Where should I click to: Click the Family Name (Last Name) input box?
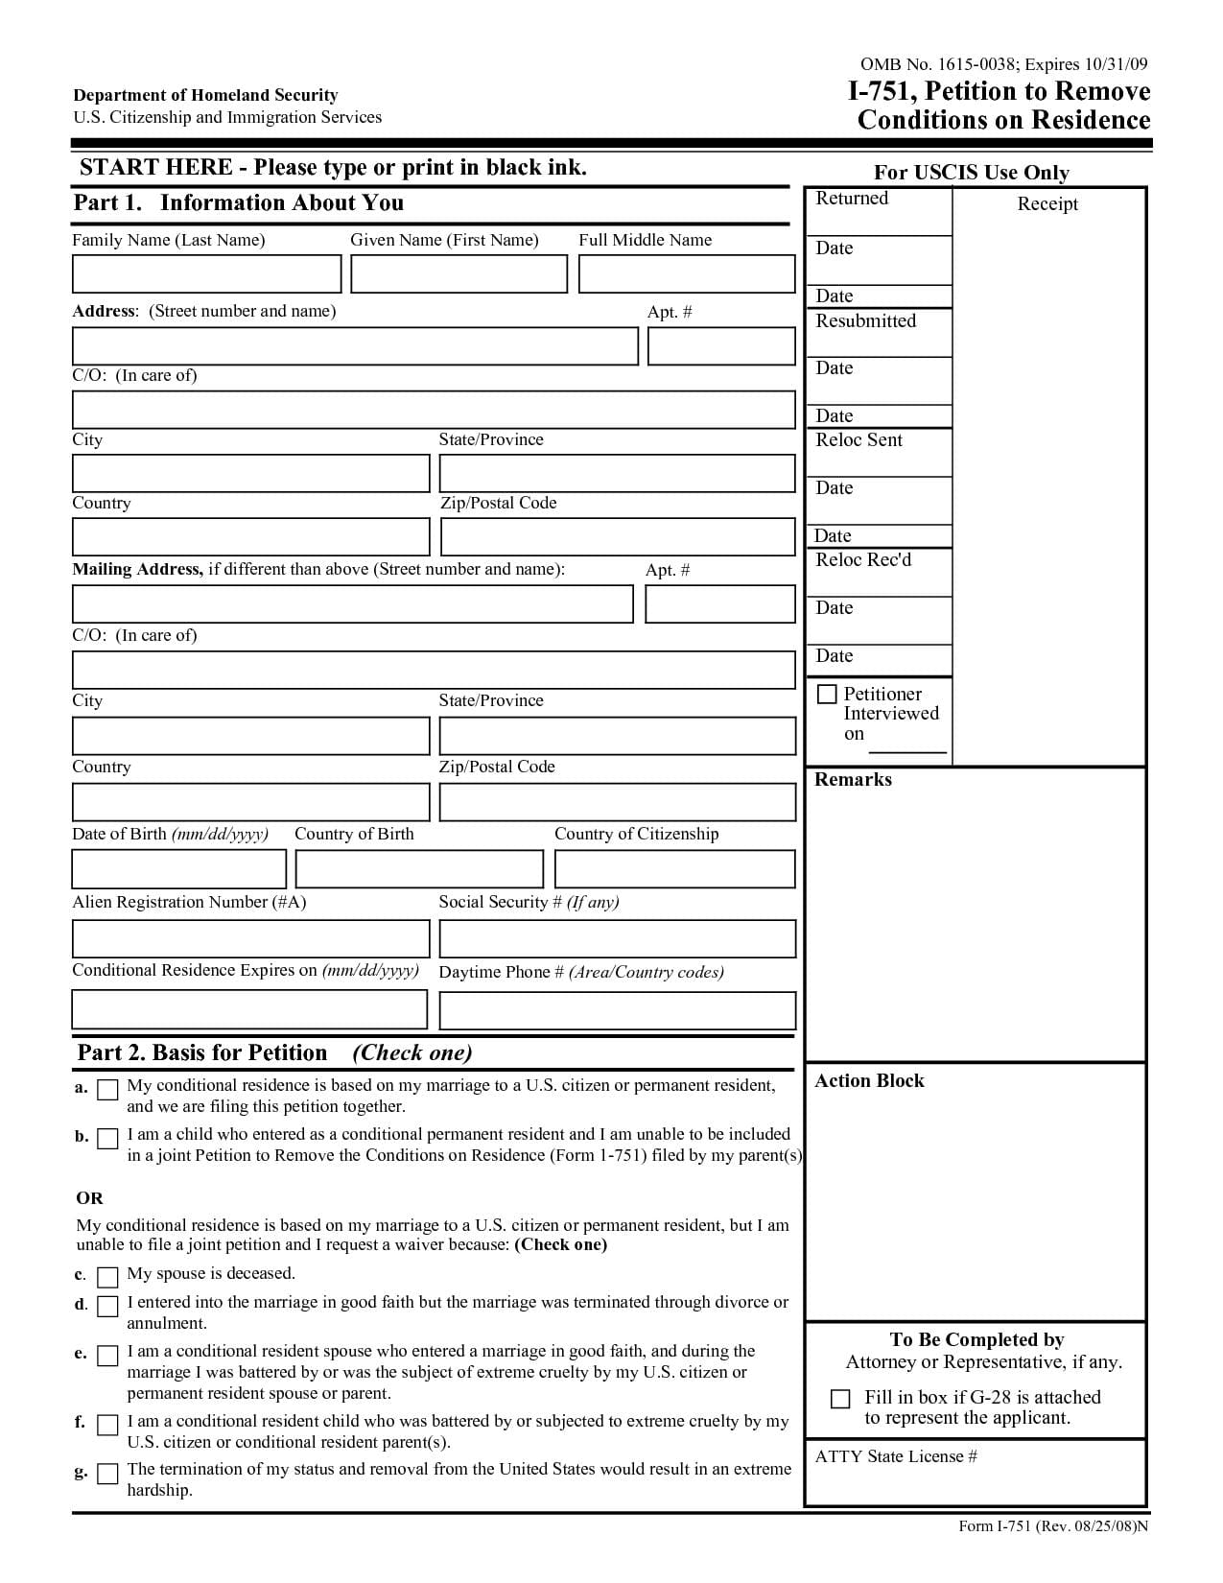[206, 273]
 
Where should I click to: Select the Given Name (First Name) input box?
[459, 273]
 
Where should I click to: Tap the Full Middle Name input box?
[687, 273]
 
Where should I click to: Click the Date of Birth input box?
[178, 869]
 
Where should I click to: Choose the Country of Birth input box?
[419, 869]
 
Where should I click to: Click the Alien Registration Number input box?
[250, 938]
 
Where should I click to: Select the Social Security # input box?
[617, 938]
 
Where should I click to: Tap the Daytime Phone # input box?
[617, 1010]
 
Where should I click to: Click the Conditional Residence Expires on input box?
[249, 1009]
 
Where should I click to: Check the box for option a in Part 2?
[108, 1089]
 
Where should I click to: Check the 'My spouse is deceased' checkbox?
[108, 1276]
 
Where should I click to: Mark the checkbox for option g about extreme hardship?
[108, 1473]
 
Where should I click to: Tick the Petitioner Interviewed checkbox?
[827, 694]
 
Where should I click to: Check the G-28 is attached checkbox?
[840, 1399]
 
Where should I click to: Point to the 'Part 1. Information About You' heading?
[238, 202]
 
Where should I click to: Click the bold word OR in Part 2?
[89, 1197]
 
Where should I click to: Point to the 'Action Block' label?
[869, 1080]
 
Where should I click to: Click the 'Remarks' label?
[853, 779]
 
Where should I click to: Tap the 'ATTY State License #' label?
[896, 1456]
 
